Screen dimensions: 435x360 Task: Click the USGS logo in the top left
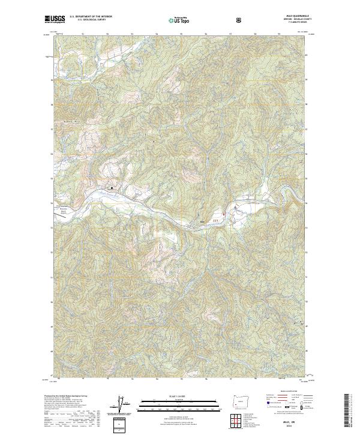(x=55, y=19)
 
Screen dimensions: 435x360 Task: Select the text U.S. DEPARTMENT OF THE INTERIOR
(x=89, y=17)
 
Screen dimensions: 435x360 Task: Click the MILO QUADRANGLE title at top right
(x=302, y=17)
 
